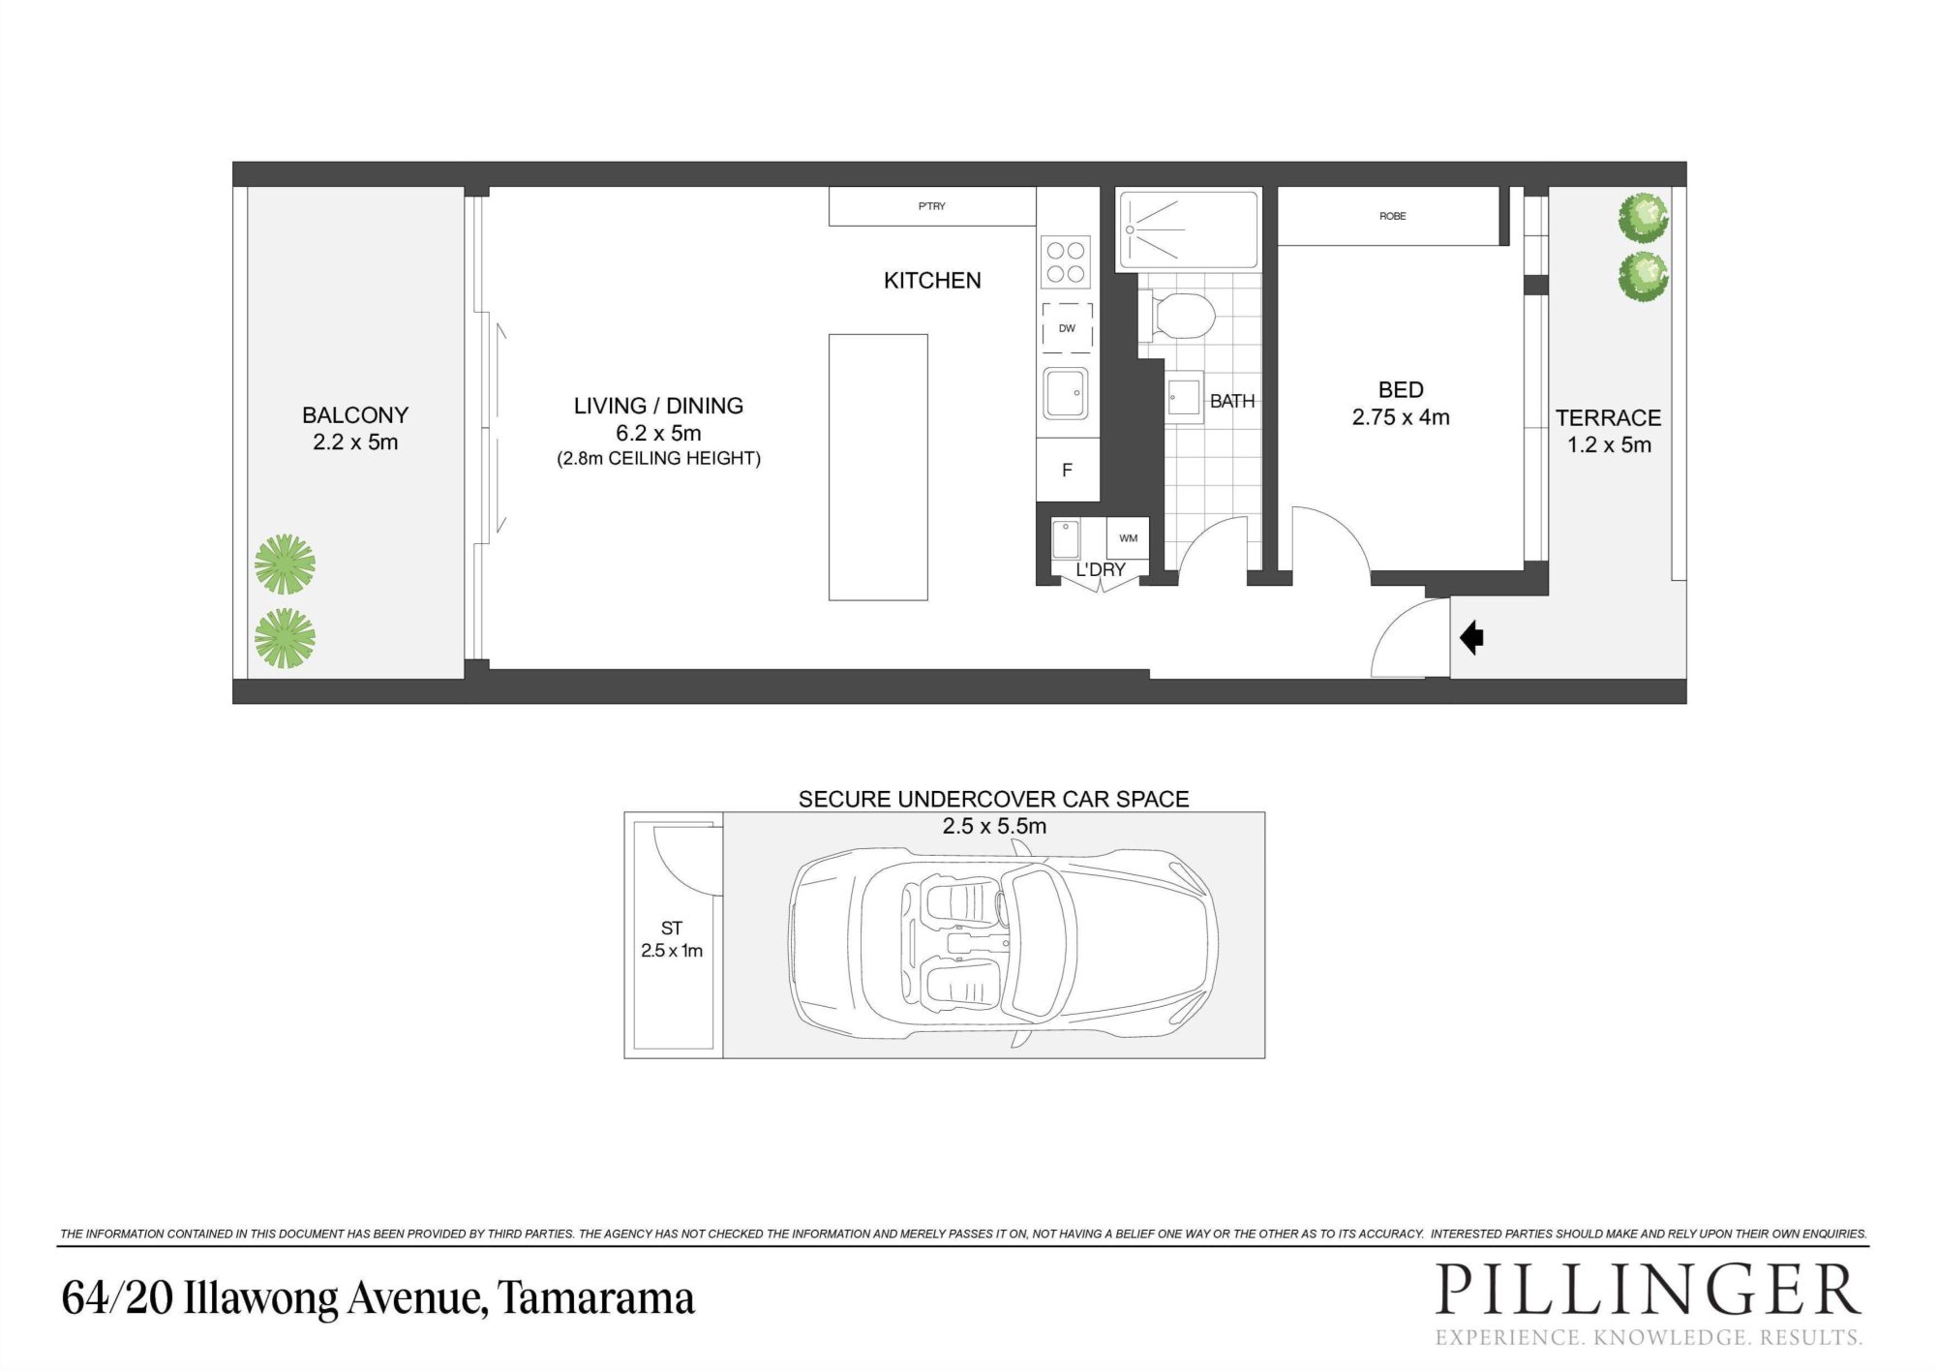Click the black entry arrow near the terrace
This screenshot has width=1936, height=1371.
(x=1471, y=638)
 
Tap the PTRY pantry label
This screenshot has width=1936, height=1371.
(x=932, y=206)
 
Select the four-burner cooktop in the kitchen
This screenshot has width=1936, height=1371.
(x=1066, y=262)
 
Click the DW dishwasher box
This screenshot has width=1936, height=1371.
(x=1067, y=328)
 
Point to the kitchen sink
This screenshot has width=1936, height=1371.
(x=1066, y=393)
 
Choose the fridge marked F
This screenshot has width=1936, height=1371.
(x=1068, y=470)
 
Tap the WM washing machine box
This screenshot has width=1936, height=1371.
(x=1128, y=538)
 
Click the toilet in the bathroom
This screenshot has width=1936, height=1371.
(x=1177, y=316)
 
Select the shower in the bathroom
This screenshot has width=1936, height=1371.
(x=1189, y=229)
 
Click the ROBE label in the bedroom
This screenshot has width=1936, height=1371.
(x=1392, y=216)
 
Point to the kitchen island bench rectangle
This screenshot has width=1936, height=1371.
(x=878, y=468)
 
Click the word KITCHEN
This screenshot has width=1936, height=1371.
(x=932, y=281)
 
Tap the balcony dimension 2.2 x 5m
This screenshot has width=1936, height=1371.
(x=355, y=442)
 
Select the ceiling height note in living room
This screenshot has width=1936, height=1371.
(x=658, y=459)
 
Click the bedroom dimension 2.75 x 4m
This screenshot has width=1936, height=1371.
(x=1401, y=417)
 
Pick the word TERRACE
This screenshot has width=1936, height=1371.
(x=1608, y=418)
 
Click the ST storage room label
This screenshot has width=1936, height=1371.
(x=672, y=929)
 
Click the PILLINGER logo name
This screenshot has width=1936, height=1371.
(x=1648, y=1292)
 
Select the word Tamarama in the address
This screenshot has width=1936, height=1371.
(x=596, y=1298)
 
